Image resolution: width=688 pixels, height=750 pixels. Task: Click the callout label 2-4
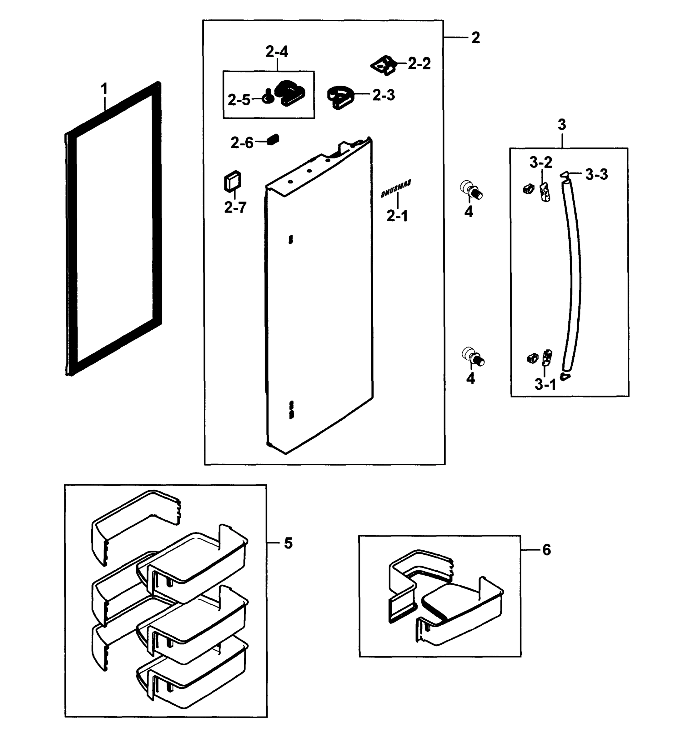[x=277, y=52]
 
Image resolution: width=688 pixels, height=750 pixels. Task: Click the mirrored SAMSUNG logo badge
[x=395, y=189]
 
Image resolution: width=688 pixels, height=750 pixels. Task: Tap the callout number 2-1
[x=397, y=216]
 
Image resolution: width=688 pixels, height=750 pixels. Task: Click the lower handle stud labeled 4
[x=473, y=356]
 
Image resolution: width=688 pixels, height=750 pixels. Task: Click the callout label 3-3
[x=596, y=174]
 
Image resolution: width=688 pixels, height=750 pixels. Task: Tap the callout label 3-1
[x=545, y=384]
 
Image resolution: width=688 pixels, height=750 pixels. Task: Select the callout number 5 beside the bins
[x=288, y=543]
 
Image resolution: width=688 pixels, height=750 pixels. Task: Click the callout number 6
[x=546, y=550]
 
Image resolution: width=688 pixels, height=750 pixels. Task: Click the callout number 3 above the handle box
[x=562, y=125]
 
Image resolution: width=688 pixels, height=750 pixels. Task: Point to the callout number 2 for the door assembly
[x=475, y=37]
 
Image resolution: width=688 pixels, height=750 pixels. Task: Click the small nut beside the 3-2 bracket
[x=527, y=189]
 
